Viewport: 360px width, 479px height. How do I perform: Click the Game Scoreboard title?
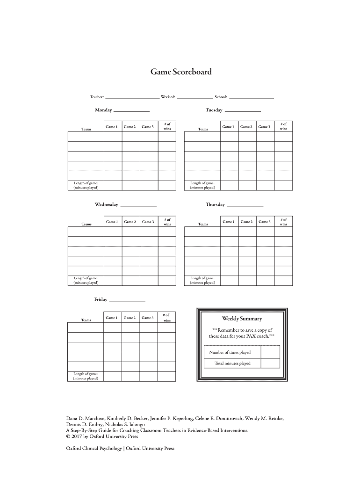coord(180,72)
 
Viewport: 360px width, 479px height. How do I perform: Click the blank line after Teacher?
coord(132,98)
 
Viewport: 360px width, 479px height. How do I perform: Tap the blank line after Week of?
coord(194,98)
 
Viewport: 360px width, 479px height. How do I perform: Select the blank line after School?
coord(252,98)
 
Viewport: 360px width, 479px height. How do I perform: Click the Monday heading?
coord(103,110)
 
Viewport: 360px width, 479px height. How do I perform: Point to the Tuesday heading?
coord(214,110)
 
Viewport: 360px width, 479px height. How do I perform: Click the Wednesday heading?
coord(107,205)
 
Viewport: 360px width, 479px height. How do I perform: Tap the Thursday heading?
coord(215,205)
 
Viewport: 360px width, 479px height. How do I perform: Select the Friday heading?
coord(101,299)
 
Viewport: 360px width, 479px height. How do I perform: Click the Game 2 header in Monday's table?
coord(130,127)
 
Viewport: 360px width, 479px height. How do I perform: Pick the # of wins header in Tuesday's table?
coord(283,126)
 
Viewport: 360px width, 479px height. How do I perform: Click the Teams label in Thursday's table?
coord(203,224)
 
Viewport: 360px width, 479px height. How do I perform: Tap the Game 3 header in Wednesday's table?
coord(148,222)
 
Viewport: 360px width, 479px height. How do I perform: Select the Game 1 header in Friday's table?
coord(111,318)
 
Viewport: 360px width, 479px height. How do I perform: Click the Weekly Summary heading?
coord(242,319)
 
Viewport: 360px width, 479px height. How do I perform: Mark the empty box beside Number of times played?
coord(270,352)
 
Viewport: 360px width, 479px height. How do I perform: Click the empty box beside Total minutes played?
coord(270,363)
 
